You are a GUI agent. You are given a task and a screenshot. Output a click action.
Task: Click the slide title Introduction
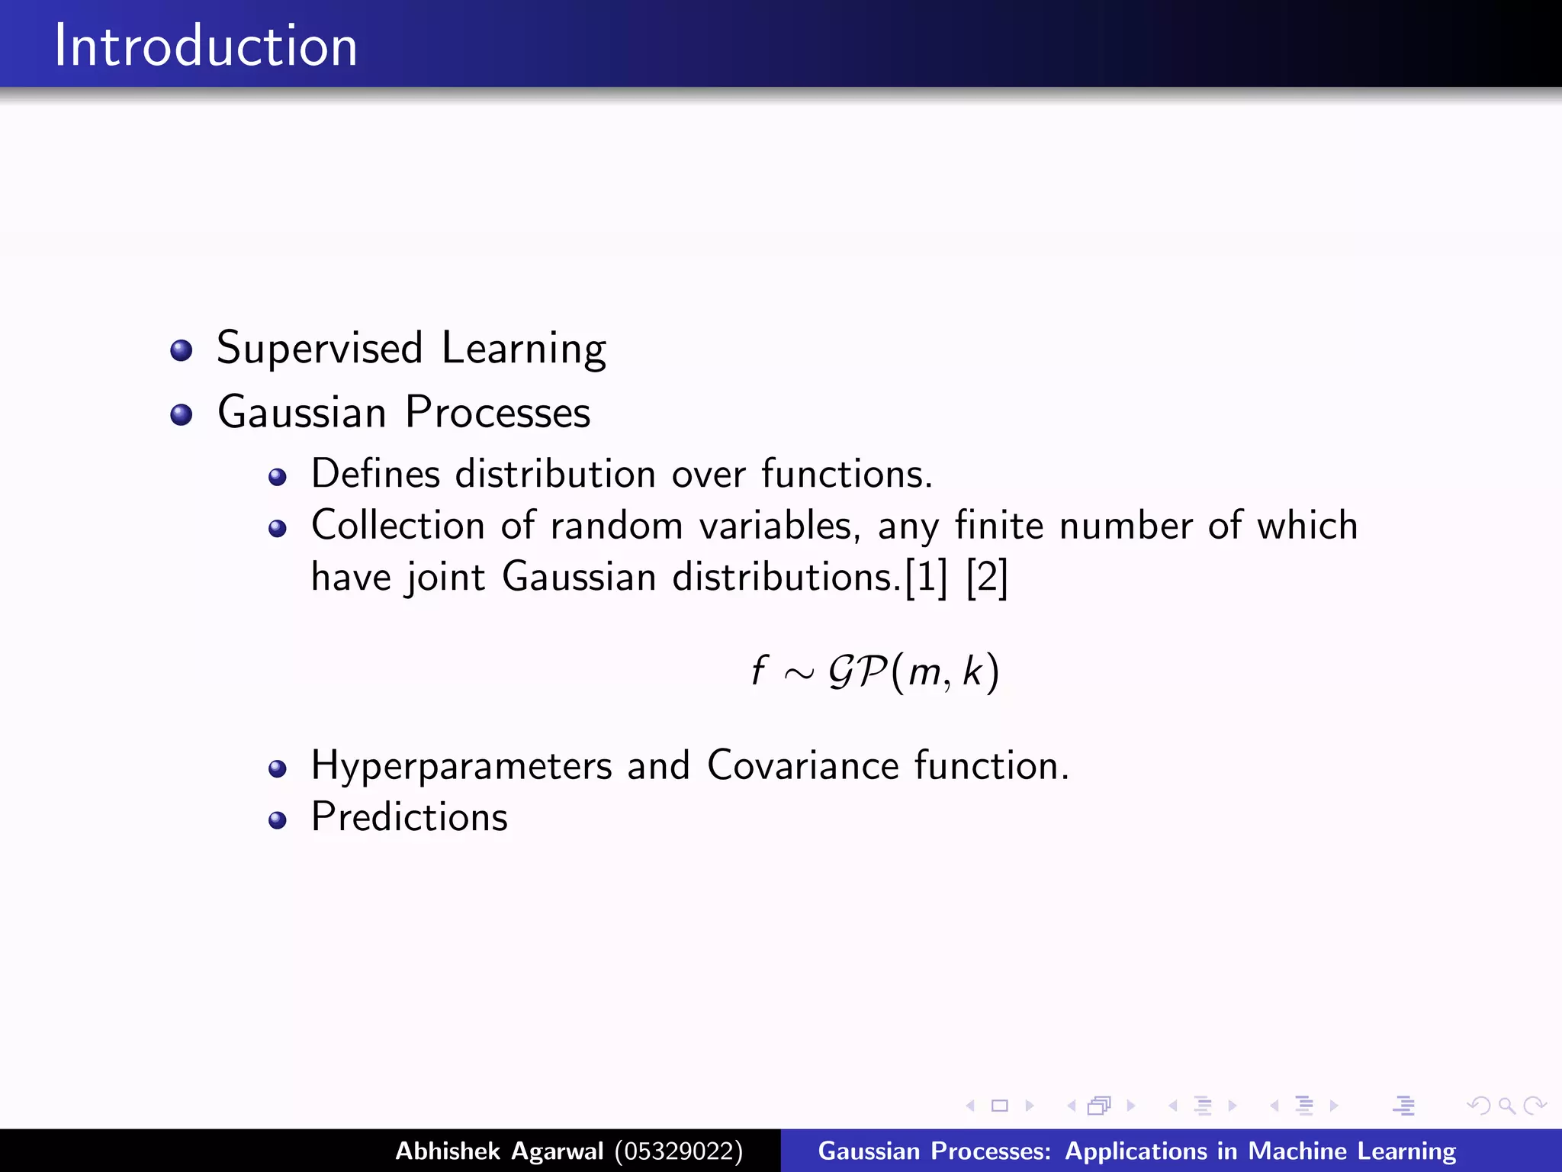point(205,46)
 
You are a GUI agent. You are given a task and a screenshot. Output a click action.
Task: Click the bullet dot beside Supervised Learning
point(182,350)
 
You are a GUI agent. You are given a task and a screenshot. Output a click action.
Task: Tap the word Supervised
point(320,349)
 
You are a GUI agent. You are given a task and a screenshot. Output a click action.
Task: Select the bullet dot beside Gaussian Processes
point(182,414)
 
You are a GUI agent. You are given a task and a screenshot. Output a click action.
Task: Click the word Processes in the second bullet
point(497,413)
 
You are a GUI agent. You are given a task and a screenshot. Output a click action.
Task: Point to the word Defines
point(375,474)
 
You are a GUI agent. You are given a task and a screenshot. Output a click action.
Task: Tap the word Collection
point(398,526)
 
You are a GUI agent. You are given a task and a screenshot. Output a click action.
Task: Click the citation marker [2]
point(987,577)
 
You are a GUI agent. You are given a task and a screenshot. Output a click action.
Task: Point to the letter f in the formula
point(758,671)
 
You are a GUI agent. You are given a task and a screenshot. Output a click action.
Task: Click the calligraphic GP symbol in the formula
point(857,671)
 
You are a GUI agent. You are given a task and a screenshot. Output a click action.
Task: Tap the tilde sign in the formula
point(799,674)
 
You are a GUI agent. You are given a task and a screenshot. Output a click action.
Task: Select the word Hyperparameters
point(461,766)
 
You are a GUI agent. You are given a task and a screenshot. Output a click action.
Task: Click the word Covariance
point(803,765)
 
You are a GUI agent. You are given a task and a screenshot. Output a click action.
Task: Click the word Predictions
point(410,817)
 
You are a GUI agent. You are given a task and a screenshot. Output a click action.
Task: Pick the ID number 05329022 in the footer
point(679,1151)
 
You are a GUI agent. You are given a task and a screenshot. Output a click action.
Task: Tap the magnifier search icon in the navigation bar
point(1506,1106)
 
